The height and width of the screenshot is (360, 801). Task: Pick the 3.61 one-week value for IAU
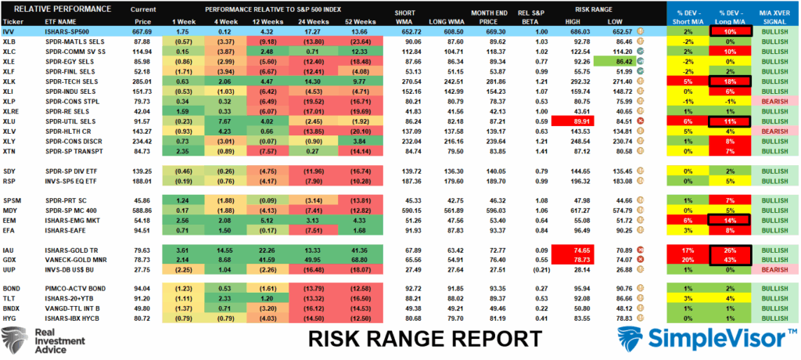click(183, 250)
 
